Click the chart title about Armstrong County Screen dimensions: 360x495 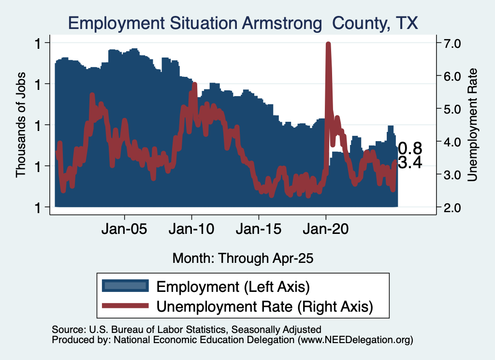point(244,23)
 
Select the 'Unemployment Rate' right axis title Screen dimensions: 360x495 point(473,125)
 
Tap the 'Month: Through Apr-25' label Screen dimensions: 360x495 point(243,258)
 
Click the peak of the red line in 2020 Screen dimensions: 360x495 point(328,44)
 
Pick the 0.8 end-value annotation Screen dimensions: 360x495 point(410,148)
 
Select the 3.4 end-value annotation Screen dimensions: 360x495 point(410,163)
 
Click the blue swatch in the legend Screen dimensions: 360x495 point(125,286)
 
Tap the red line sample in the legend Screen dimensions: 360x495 point(125,305)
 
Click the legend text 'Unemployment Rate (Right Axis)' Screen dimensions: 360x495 point(265,305)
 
